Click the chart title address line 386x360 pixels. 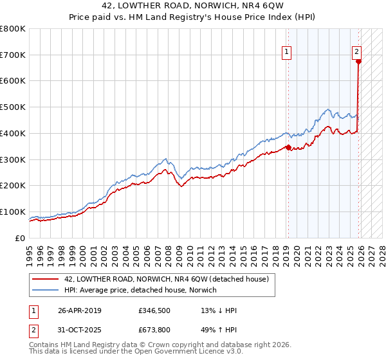point(192,7)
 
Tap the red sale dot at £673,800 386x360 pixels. point(358,62)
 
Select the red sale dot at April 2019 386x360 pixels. point(288,147)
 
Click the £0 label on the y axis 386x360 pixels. point(21,238)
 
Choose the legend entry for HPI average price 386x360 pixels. point(141,290)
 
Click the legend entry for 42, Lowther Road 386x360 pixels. point(161,279)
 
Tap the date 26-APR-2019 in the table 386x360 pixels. point(80,310)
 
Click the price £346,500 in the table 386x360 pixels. point(153,310)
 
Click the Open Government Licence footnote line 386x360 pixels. point(136,353)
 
